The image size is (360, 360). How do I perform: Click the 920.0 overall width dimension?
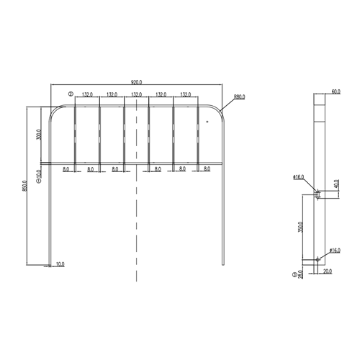pos(137,83)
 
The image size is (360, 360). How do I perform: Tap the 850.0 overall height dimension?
pos(24,186)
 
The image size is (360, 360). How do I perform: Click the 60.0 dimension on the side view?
pos(336,92)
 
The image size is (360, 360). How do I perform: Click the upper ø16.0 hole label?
pos(299,176)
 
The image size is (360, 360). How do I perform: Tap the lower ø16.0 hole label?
pos(335,250)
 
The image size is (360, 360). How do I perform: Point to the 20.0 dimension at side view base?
pos(328,271)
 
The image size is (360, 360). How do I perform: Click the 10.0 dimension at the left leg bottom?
pos(60,264)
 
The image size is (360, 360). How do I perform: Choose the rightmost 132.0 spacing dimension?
pos(186,94)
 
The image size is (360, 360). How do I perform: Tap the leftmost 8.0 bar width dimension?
pos(66,168)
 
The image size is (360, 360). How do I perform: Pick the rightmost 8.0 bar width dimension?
pos(207,168)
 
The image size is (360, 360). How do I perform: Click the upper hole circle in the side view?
pos(316,192)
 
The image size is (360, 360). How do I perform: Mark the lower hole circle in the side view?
pos(316,260)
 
